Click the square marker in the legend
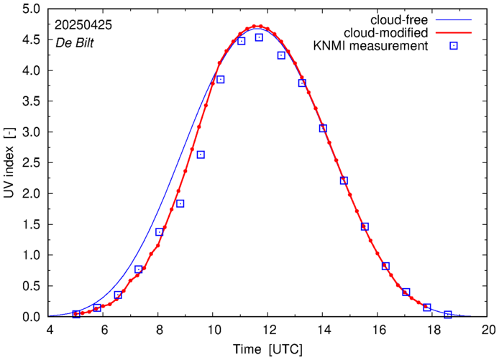pyautogui.click(x=454, y=47)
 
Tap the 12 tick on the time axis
pyautogui.click(x=269, y=330)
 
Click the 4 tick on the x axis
pyautogui.click(x=50, y=330)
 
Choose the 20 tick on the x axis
pyautogui.click(x=489, y=330)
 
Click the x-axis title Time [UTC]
pyautogui.click(x=268, y=349)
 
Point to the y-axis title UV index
pyautogui.click(x=10, y=163)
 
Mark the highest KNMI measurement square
pyautogui.click(x=259, y=37)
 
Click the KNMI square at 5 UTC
pyautogui.click(x=76, y=314)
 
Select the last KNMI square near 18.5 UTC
pyautogui.click(x=447, y=315)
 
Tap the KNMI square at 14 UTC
pyautogui.click(x=324, y=129)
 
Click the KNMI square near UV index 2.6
pyautogui.click(x=201, y=154)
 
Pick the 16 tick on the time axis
pyautogui.click(x=379, y=330)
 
